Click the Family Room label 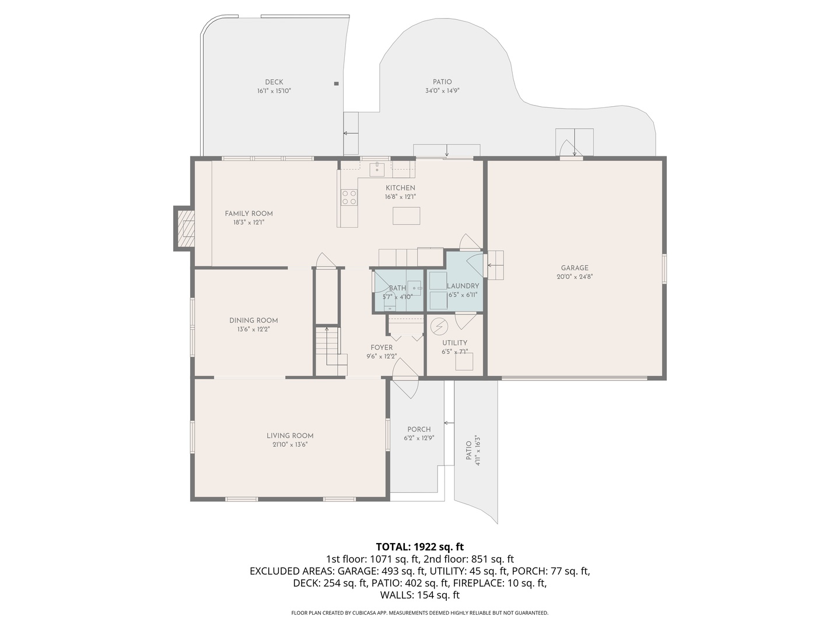(249, 213)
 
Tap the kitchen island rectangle (406, 216)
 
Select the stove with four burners (349, 198)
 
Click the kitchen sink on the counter (377, 169)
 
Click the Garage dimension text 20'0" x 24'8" (575, 277)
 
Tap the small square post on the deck (336, 84)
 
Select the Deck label (274, 82)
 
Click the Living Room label (290, 436)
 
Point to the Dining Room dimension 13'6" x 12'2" (253, 329)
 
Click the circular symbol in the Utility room (437, 326)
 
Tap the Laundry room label (463, 286)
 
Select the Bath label (397, 288)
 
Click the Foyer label (381, 348)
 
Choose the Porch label (419, 429)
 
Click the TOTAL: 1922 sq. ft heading (419, 547)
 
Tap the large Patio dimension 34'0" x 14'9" (442, 91)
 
